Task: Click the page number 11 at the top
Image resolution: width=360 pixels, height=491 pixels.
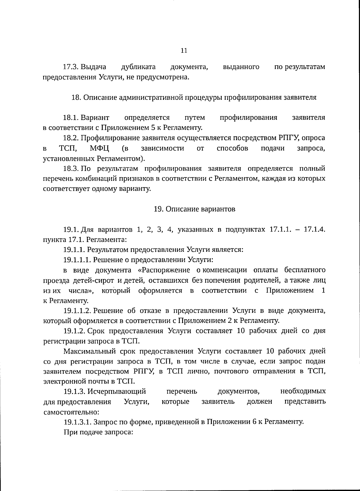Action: pyautogui.click(x=184, y=51)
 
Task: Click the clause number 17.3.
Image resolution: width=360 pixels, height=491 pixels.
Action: pyautogui.click(x=71, y=67)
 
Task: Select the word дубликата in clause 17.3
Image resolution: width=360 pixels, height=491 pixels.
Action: pyautogui.click(x=138, y=67)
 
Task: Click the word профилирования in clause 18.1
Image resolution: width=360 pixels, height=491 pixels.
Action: pyautogui.click(x=248, y=118)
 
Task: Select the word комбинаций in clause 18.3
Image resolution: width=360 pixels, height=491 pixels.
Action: pyautogui.click(x=103, y=179)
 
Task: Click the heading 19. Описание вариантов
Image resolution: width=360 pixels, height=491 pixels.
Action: pyautogui.click(x=194, y=209)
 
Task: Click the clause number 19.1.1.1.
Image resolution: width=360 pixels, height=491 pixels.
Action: pyautogui.click(x=77, y=260)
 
